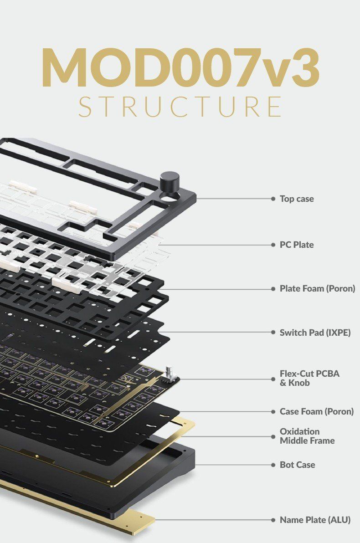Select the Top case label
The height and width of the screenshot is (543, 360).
(x=297, y=199)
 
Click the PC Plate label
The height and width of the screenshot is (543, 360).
(x=297, y=245)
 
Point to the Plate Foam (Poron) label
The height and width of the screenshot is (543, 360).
(x=317, y=288)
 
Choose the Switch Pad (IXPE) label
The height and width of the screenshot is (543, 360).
(x=315, y=332)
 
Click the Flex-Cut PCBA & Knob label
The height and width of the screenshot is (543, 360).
(x=309, y=378)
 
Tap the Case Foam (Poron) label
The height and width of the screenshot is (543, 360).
(x=316, y=411)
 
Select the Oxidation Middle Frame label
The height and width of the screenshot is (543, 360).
(x=307, y=436)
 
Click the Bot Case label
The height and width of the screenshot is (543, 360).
(x=297, y=465)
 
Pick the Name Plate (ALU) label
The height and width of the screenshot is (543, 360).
(x=315, y=520)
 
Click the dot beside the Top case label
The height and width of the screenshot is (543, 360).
(x=273, y=199)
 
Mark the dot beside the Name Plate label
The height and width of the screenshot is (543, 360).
(x=273, y=520)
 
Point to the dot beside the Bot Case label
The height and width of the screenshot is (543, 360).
(x=273, y=465)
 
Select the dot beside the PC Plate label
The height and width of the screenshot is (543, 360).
(x=273, y=245)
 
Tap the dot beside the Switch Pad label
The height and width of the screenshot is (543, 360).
(x=273, y=332)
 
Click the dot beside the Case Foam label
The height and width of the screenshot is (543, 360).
(x=273, y=411)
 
